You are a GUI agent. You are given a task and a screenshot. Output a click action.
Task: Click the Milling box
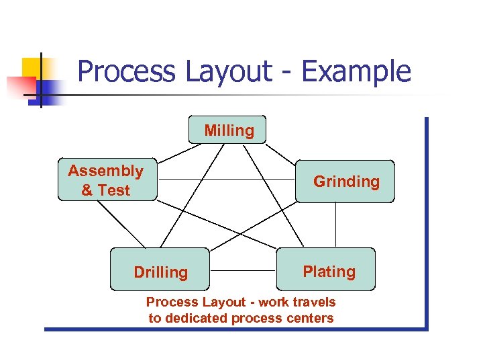pyautogui.click(x=227, y=130)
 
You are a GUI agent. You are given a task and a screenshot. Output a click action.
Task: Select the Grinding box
pyautogui.click(x=345, y=182)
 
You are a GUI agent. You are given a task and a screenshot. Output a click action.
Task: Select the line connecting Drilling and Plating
pyautogui.click(x=243, y=271)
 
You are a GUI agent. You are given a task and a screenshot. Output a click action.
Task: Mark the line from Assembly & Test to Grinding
pyautogui.click(x=226, y=180)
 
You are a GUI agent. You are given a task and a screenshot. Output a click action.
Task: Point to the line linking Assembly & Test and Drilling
pyautogui.click(x=121, y=225)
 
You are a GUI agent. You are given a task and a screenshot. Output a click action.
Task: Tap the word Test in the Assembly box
pyautogui.click(x=115, y=190)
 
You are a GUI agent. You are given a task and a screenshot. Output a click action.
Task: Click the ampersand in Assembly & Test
pyautogui.click(x=87, y=190)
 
